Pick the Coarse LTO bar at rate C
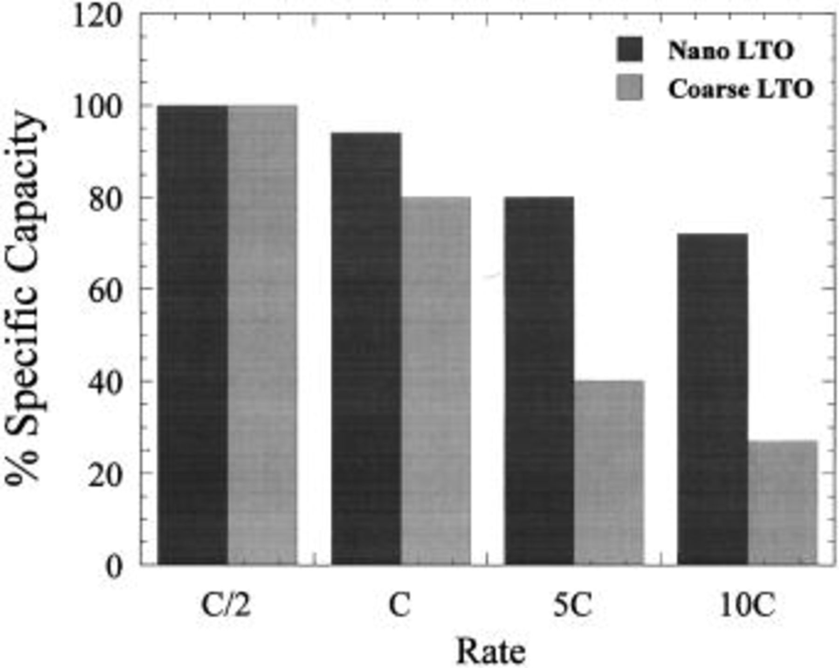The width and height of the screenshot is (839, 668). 436,381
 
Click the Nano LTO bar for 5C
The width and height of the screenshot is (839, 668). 539,381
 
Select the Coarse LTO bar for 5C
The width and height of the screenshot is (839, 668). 609,472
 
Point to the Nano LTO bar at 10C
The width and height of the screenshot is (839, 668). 713,399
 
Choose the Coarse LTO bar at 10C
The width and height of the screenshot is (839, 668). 783,502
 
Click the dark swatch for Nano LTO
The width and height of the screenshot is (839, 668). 630,49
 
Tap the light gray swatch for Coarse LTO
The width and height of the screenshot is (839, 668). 630,88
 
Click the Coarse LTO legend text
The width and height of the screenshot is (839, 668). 741,88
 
